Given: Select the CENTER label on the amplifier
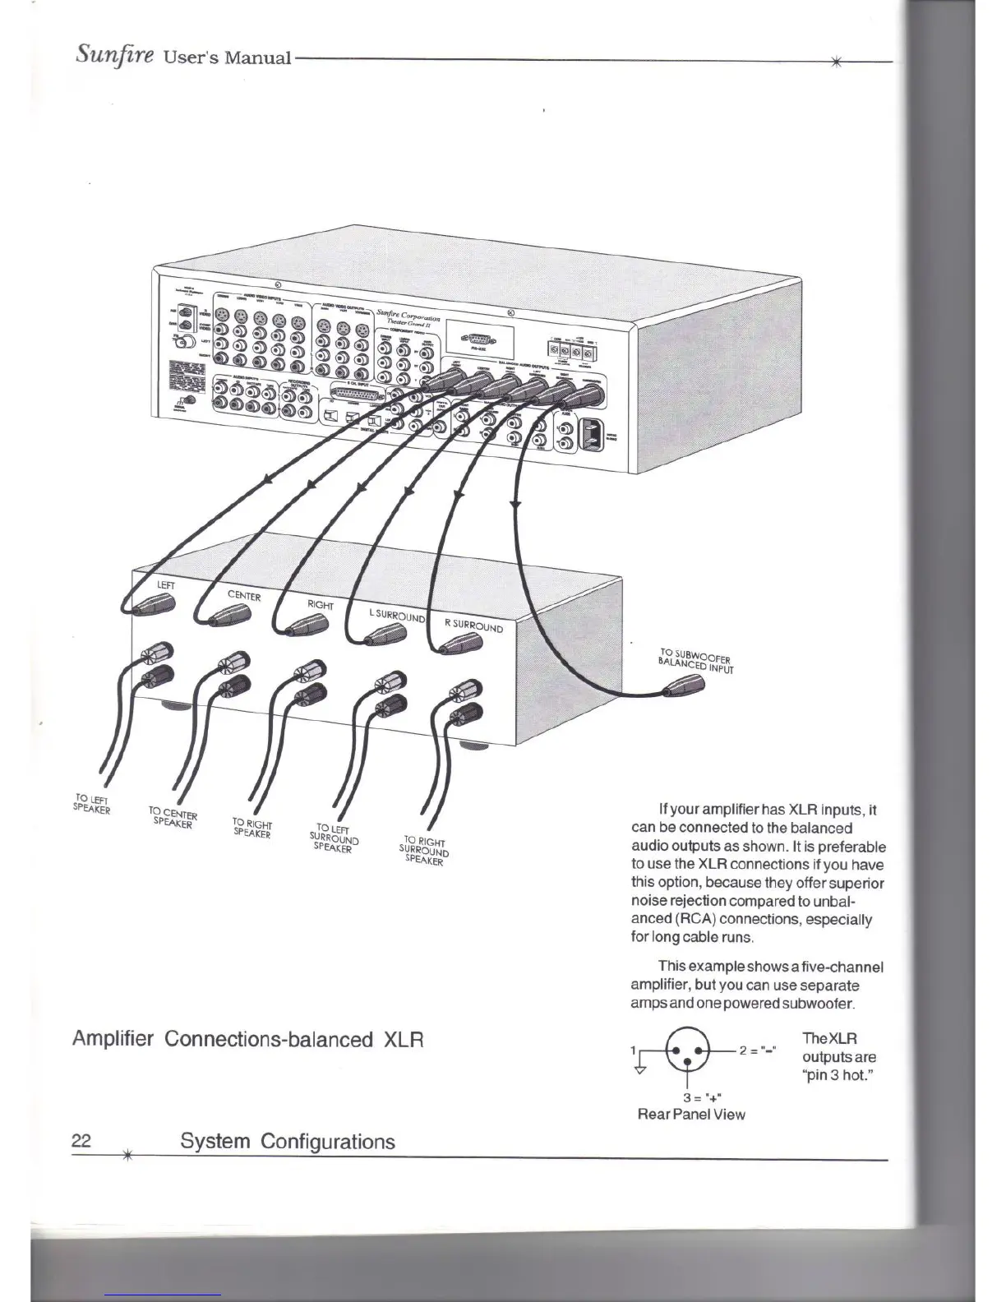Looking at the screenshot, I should [x=244, y=596].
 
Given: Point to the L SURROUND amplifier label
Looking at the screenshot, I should [x=396, y=616].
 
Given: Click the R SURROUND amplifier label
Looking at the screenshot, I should [x=473, y=625].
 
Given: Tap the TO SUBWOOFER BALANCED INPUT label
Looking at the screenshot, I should [x=696, y=660].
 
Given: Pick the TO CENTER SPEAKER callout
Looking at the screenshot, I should [x=173, y=817].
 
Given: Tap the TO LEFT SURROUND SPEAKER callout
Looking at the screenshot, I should [x=334, y=838].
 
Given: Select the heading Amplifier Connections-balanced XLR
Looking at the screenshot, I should [x=247, y=1039].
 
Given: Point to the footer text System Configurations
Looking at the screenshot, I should [x=287, y=1141].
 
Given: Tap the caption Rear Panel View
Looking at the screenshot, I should [x=691, y=1115].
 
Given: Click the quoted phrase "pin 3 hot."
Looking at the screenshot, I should [x=837, y=1076].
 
